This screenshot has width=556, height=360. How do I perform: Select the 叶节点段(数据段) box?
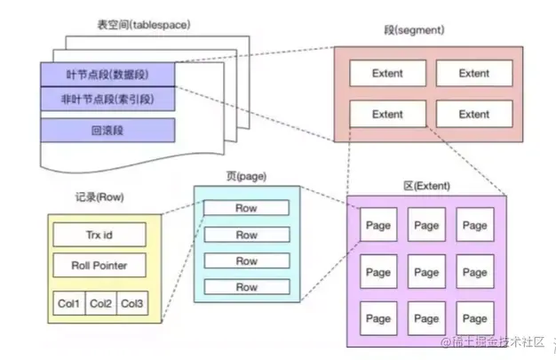click(x=107, y=74)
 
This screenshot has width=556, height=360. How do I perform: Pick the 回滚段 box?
click(x=107, y=131)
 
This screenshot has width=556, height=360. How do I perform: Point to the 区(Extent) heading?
click(x=426, y=186)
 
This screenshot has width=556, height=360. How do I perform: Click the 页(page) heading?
click(x=247, y=176)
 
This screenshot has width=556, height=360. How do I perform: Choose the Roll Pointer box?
click(x=99, y=266)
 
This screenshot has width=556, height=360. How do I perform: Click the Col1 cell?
click(x=68, y=303)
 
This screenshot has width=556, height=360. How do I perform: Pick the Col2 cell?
click(x=99, y=303)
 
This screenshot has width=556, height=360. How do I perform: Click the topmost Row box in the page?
click(x=246, y=209)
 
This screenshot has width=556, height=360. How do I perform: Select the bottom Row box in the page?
click(x=246, y=287)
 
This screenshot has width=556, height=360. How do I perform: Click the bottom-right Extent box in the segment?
click(x=474, y=114)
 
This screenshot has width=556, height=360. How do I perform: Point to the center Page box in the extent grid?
click(x=426, y=271)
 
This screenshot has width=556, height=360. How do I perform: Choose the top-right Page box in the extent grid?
click(x=474, y=225)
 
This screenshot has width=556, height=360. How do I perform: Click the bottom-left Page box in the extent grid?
click(x=378, y=317)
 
